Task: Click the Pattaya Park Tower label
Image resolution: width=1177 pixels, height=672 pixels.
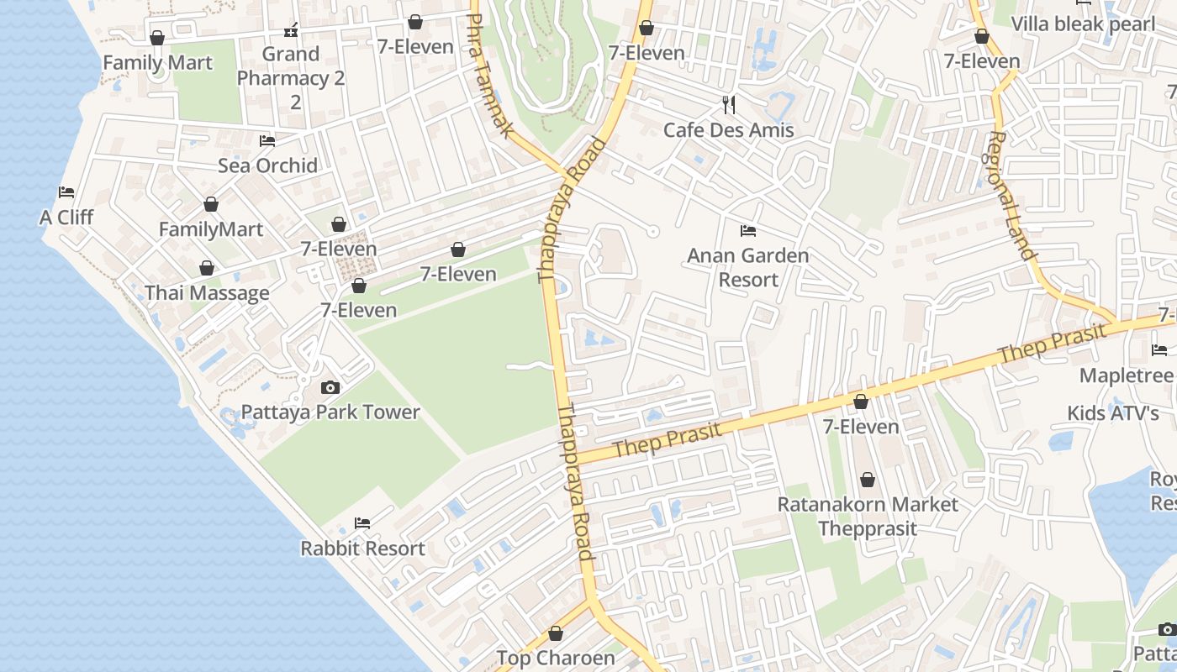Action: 330,412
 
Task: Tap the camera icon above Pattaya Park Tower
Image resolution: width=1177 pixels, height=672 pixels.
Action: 330,387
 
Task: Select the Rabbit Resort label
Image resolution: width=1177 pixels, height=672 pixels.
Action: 363,549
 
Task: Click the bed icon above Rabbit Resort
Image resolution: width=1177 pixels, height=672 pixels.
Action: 362,523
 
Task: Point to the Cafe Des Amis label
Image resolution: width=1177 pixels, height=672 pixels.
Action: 728,130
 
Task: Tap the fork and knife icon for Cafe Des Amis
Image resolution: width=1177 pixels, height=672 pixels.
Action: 729,105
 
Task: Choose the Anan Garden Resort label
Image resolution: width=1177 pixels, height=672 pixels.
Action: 748,267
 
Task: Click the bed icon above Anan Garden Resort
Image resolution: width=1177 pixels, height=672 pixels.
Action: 748,230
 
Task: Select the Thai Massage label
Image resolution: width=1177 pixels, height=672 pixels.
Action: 207,293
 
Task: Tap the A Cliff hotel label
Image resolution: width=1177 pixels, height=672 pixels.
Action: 66,218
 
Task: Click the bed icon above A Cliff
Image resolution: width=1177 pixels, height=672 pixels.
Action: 66,192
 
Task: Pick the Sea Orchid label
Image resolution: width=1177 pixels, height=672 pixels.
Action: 267,165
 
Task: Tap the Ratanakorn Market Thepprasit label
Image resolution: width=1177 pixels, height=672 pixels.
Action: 868,516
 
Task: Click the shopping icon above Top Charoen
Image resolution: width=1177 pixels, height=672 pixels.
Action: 555,633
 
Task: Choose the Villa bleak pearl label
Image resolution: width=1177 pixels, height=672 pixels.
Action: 1083,24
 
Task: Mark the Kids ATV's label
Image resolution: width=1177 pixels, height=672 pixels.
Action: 1113,413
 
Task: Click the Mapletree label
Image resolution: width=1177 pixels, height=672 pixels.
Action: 1126,375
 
